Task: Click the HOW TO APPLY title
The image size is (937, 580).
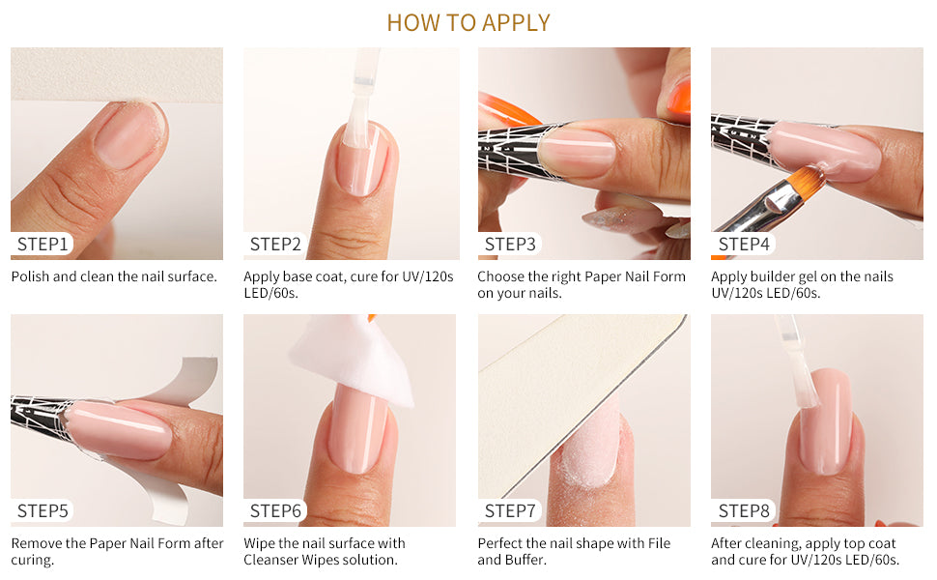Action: pyautogui.click(x=468, y=23)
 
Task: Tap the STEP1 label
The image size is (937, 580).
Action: pyautogui.click(x=43, y=244)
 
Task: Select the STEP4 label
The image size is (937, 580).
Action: pyautogui.click(x=744, y=244)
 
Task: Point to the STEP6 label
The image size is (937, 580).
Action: pyautogui.click(x=275, y=510)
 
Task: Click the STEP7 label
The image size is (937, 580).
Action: pyautogui.click(x=510, y=510)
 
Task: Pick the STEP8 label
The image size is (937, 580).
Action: pyautogui.click(x=744, y=510)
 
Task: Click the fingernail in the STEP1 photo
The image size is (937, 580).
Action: pyautogui.click(x=128, y=133)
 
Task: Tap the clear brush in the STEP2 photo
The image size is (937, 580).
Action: pyautogui.click(x=360, y=99)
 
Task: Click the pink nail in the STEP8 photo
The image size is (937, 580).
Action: pyautogui.click(x=825, y=420)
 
